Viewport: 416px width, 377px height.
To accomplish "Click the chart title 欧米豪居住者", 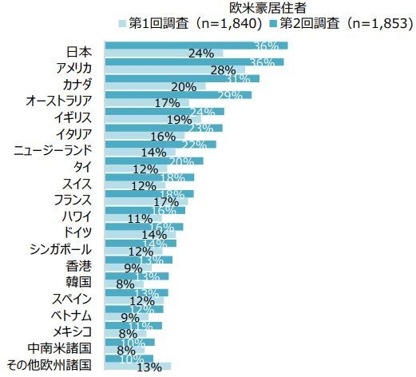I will [263, 8].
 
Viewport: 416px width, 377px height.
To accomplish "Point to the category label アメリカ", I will [69, 67].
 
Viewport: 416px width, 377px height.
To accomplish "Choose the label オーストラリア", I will [58, 101].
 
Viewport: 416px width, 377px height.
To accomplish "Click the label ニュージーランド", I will [53, 149].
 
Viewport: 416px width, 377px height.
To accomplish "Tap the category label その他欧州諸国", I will [48, 364].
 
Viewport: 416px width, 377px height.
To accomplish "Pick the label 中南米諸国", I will [58, 347].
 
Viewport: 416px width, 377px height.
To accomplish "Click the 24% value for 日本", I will [200, 54].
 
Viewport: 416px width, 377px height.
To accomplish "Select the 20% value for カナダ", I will [183, 87].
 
